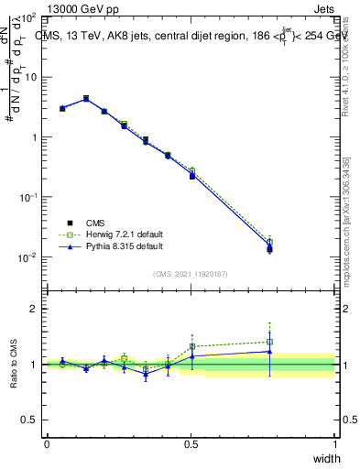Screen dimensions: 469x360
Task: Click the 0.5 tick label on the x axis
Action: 191,443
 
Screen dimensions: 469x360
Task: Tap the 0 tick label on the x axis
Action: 47,443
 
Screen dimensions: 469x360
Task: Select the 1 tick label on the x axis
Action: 334,443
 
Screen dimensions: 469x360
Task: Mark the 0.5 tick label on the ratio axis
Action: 30,420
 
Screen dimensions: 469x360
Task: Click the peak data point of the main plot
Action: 85,98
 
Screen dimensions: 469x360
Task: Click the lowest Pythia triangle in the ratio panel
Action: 145,374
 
